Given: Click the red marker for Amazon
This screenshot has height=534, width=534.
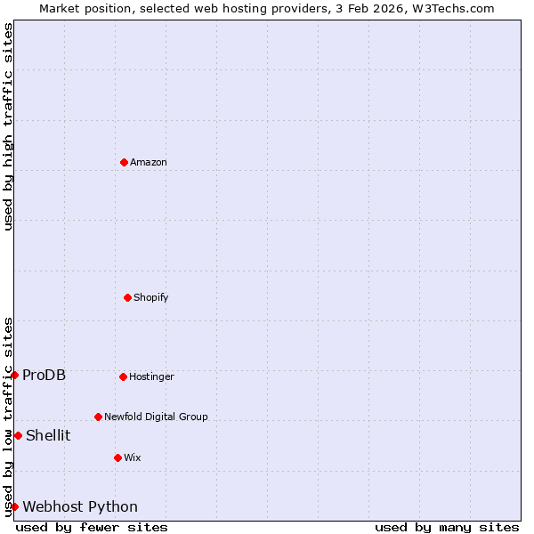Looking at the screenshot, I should [x=124, y=162].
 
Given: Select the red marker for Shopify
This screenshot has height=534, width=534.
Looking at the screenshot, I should [x=127, y=297].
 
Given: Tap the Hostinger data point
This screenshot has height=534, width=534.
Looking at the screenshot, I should [x=123, y=376].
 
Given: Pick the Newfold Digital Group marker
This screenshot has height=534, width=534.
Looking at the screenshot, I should [x=98, y=417].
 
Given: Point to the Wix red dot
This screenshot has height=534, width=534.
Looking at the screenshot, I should [x=117, y=457].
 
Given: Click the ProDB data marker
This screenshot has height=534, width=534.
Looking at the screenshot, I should [x=14, y=375].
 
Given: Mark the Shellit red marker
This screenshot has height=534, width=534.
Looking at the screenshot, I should [x=18, y=435].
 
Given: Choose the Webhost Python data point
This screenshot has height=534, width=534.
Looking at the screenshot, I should [x=14, y=506].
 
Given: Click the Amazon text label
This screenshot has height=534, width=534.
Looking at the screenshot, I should [x=149, y=162].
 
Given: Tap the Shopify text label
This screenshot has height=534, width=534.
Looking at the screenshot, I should [x=151, y=297].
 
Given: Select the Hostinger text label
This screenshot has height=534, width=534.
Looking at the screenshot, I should [x=152, y=376].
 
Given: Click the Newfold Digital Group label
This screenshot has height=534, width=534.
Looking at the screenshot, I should [x=156, y=417].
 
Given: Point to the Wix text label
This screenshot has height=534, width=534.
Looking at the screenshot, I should [x=133, y=457].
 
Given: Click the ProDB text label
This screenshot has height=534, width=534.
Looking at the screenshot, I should [x=44, y=375].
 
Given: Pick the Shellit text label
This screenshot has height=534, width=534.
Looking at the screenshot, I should [x=48, y=435].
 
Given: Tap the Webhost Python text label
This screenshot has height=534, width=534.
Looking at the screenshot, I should [x=80, y=506].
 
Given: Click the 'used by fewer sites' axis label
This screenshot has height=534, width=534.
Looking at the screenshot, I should [x=92, y=527].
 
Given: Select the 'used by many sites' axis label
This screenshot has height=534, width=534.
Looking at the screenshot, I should [x=447, y=527].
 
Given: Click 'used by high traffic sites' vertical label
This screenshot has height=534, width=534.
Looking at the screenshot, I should [x=8, y=126].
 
